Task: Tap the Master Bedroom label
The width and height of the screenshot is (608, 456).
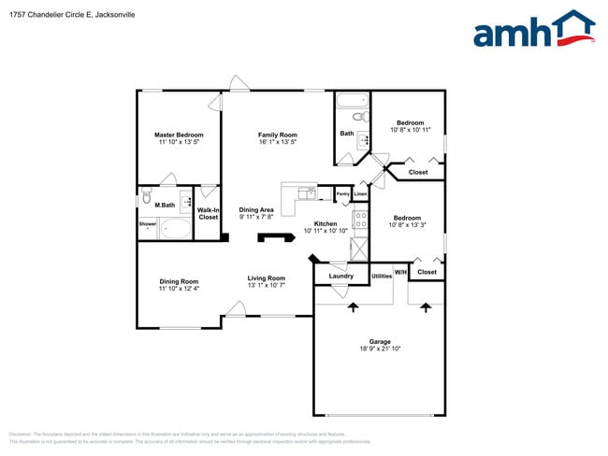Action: (179, 135)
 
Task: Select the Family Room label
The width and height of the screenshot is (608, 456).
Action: (278, 135)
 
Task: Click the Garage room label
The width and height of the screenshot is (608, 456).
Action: (380, 341)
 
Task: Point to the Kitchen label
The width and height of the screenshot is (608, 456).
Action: (326, 223)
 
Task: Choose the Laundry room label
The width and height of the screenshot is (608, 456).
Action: (341, 276)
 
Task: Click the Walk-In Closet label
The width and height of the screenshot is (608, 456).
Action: (208, 214)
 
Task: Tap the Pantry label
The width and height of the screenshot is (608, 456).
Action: (343, 194)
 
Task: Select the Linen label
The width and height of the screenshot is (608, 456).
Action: (360, 194)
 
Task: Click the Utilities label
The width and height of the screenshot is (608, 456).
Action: (382, 276)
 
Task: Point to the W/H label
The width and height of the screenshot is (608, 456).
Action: (400, 272)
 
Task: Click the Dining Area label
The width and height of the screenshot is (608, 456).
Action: (256, 210)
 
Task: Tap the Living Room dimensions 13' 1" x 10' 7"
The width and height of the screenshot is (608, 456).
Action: (267, 285)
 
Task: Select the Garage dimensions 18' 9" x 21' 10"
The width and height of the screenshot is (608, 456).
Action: (380, 349)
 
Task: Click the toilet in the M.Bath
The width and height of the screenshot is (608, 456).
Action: (146, 197)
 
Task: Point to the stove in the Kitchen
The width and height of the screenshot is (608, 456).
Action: (360, 221)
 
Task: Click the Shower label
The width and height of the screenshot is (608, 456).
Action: (148, 224)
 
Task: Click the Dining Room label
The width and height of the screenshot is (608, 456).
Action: (179, 281)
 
